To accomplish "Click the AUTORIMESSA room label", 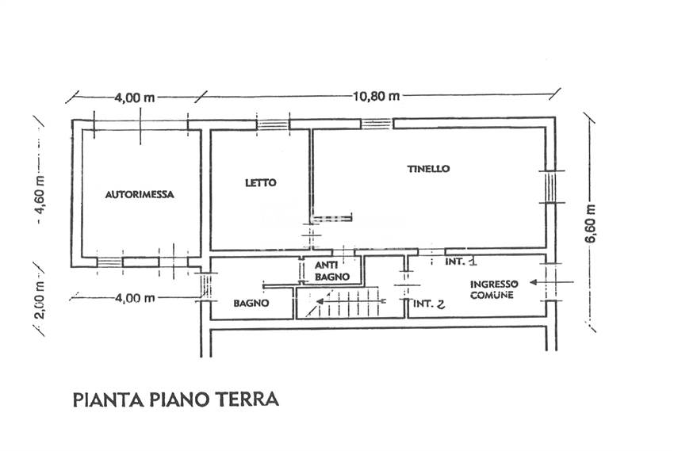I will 140,193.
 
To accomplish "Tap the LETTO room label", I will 260,182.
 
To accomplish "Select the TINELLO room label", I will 428,168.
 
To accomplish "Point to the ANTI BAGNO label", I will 327,270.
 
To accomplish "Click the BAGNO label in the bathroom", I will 251,303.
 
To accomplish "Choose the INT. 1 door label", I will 460,260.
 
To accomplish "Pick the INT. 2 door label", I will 428,303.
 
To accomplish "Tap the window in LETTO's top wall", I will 273,124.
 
